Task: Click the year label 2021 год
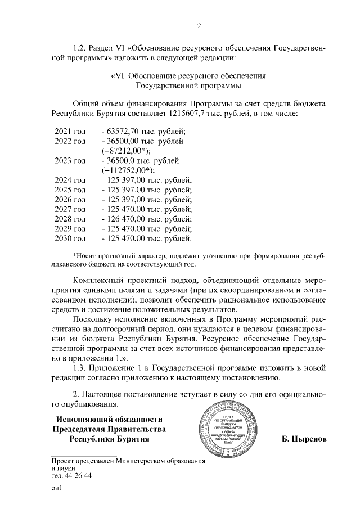(x=70, y=131)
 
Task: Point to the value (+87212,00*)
(x=127, y=151)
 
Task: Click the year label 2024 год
(x=70, y=181)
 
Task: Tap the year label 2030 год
(x=70, y=239)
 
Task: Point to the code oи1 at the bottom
(x=55, y=489)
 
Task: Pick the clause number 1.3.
(x=82, y=368)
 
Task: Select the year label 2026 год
(x=70, y=200)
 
